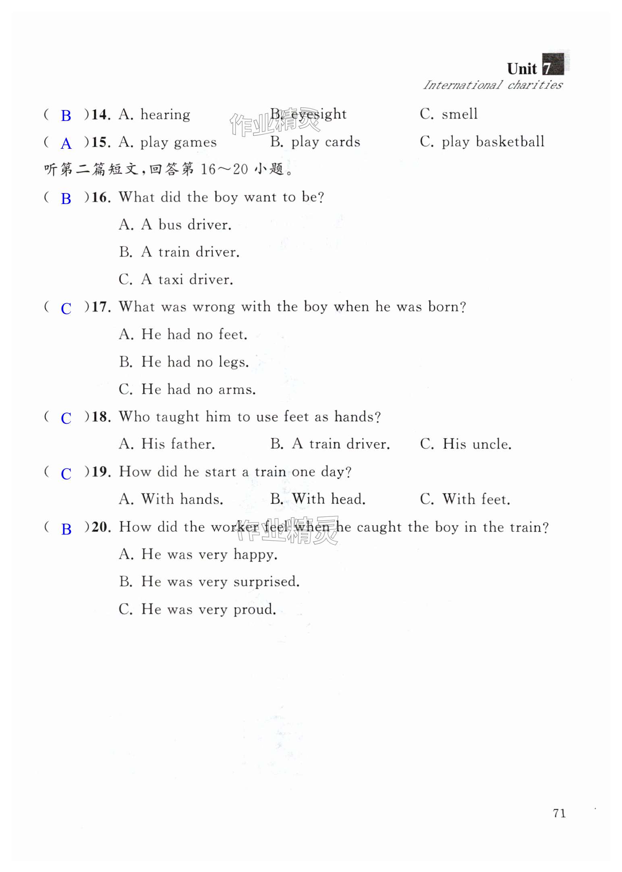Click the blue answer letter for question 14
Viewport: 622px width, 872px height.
click(x=66, y=116)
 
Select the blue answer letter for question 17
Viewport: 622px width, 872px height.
click(x=66, y=309)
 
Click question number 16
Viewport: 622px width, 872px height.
click(x=100, y=198)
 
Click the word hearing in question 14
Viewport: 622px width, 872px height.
click(x=165, y=115)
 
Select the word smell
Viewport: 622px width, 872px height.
click(x=460, y=114)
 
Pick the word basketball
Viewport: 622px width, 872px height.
click(x=510, y=142)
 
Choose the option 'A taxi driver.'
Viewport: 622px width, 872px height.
click(x=176, y=279)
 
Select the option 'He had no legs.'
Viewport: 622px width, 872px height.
click(x=184, y=362)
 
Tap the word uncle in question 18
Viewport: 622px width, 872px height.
click(x=491, y=444)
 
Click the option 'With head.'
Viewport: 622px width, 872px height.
click(x=318, y=499)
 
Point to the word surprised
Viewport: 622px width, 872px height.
click(x=266, y=582)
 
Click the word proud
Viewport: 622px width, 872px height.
click(x=255, y=609)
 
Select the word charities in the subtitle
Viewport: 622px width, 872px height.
click(x=535, y=85)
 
